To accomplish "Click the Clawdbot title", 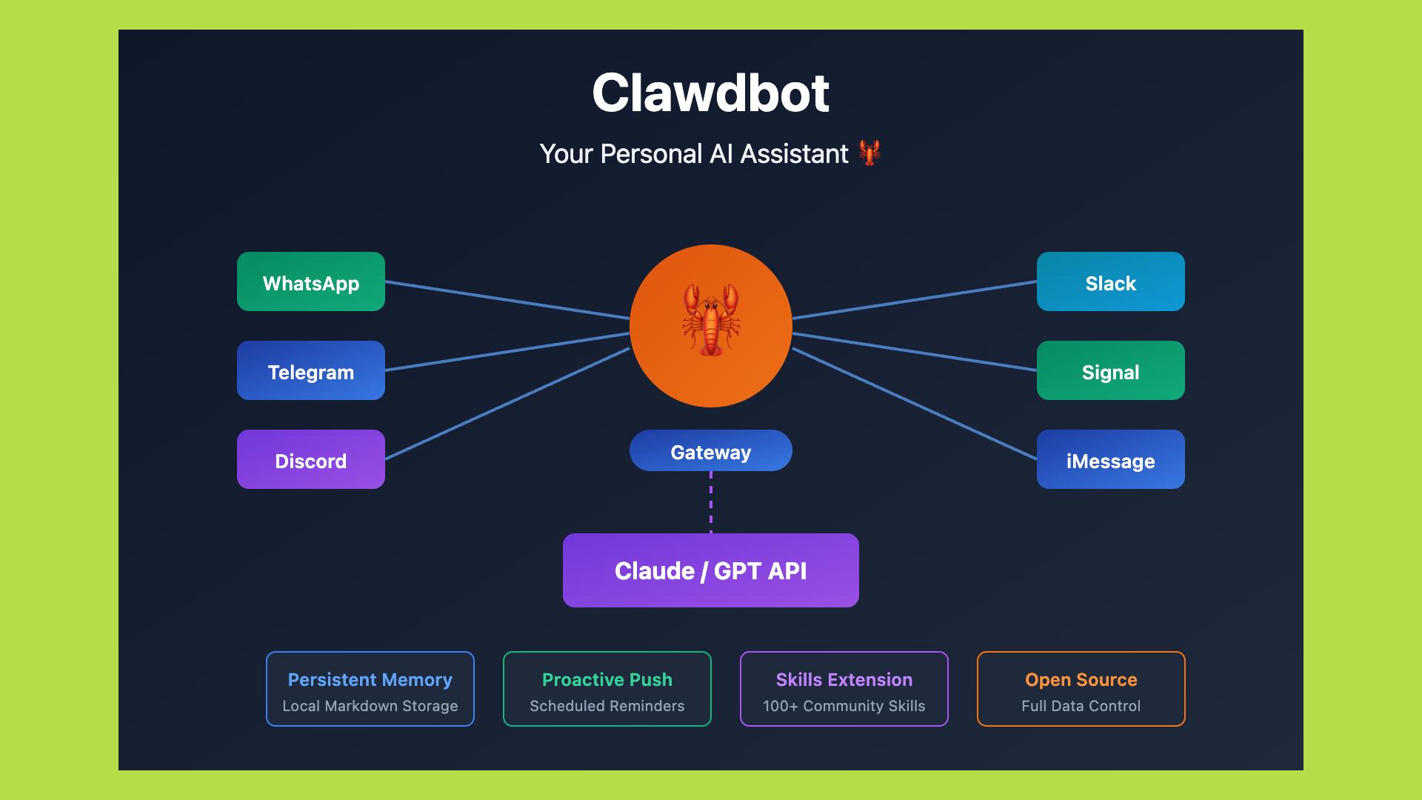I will pyautogui.click(x=710, y=93).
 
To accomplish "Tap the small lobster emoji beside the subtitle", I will pyautogui.click(x=869, y=153).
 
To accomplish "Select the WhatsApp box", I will pyautogui.click(x=311, y=281).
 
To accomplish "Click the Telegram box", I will pyautogui.click(x=311, y=370).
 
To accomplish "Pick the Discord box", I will pyautogui.click(x=311, y=459).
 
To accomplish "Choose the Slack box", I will pyautogui.click(x=1110, y=281).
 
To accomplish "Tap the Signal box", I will pyautogui.click(x=1110, y=370).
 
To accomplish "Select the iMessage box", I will pyautogui.click(x=1110, y=459).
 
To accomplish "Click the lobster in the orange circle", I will pyautogui.click(x=711, y=320).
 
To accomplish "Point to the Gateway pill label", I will pyautogui.click(x=711, y=451).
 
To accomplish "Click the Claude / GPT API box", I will pyautogui.click(x=711, y=570).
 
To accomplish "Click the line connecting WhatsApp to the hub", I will pyautogui.click(x=507, y=300).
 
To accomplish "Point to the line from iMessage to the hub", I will pyautogui.click(x=915, y=404).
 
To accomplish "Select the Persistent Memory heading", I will pyautogui.click(x=370, y=679).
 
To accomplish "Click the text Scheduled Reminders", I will pyautogui.click(x=607, y=706).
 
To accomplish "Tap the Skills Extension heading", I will pyautogui.click(x=844, y=679).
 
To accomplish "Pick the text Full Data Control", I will pyautogui.click(x=1081, y=706).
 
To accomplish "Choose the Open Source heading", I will pyautogui.click(x=1081, y=679).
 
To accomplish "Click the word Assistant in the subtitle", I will pyautogui.click(x=794, y=154).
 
